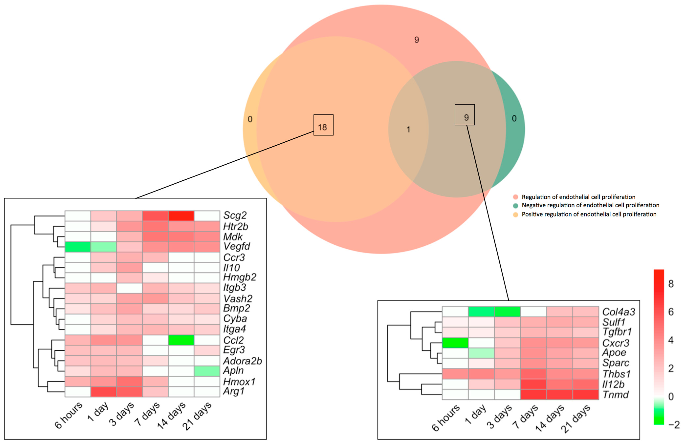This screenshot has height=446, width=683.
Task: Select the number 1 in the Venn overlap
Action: pos(408,130)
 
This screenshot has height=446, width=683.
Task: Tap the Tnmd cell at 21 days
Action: pos(585,394)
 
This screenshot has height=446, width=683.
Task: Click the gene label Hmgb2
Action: pos(240,277)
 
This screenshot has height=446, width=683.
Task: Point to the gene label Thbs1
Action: pos(616,374)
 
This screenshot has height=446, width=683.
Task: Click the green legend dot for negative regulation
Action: pos(515,206)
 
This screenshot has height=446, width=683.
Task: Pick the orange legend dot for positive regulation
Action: pos(515,214)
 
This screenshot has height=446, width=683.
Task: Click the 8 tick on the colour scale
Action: pos(671,284)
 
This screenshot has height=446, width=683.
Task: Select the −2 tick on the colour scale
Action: pos(673,424)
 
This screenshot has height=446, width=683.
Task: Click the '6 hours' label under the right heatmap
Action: pos(446,418)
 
